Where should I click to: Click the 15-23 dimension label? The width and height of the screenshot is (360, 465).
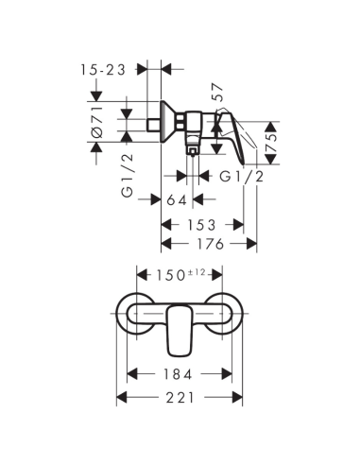tap(103, 68)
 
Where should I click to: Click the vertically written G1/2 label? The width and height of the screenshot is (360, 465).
tap(126, 178)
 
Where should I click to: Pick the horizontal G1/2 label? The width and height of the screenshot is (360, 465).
tap(241, 176)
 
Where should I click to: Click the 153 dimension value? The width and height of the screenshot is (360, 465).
tap(200, 224)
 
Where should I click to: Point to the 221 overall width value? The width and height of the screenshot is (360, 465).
tap(180, 398)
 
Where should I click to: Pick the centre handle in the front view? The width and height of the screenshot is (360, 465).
tap(180, 326)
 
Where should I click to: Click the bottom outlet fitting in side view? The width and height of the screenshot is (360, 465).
tap(192, 147)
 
